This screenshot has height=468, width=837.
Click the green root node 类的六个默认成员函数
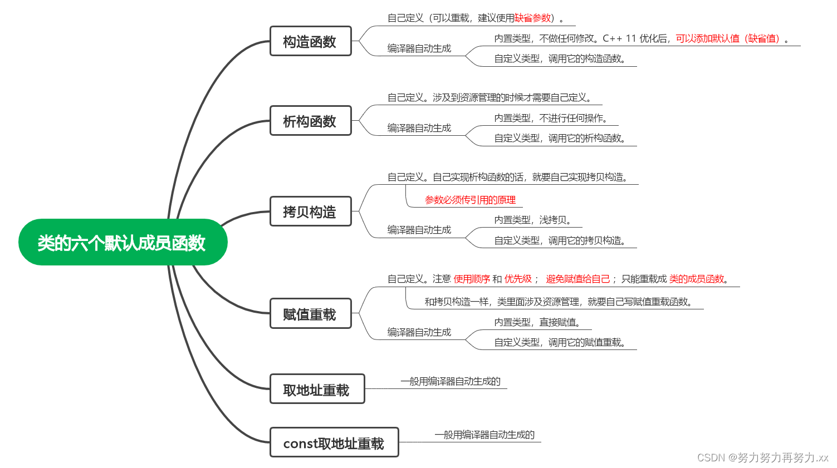(x=123, y=243)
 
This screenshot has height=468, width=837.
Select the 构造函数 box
(x=310, y=41)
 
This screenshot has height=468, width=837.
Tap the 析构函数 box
(x=310, y=121)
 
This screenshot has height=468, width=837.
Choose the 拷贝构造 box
(x=310, y=211)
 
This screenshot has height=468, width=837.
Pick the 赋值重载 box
(x=310, y=314)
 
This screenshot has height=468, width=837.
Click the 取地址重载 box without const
(x=317, y=389)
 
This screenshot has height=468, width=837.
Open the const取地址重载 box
(x=334, y=442)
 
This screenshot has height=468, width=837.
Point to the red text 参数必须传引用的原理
(x=470, y=200)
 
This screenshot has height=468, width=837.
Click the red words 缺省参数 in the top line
(x=532, y=18)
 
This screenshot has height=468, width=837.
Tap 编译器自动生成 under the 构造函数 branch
(x=419, y=48)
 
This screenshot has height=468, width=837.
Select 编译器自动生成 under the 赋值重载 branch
(x=419, y=332)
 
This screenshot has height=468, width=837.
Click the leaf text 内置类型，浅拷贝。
(x=532, y=220)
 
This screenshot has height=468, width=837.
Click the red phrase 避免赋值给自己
(x=577, y=279)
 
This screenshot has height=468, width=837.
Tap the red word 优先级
(x=518, y=279)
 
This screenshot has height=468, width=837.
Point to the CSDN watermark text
(x=762, y=457)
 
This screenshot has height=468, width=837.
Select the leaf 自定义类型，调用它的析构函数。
(x=560, y=138)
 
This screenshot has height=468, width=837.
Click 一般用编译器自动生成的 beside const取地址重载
(x=484, y=435)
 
